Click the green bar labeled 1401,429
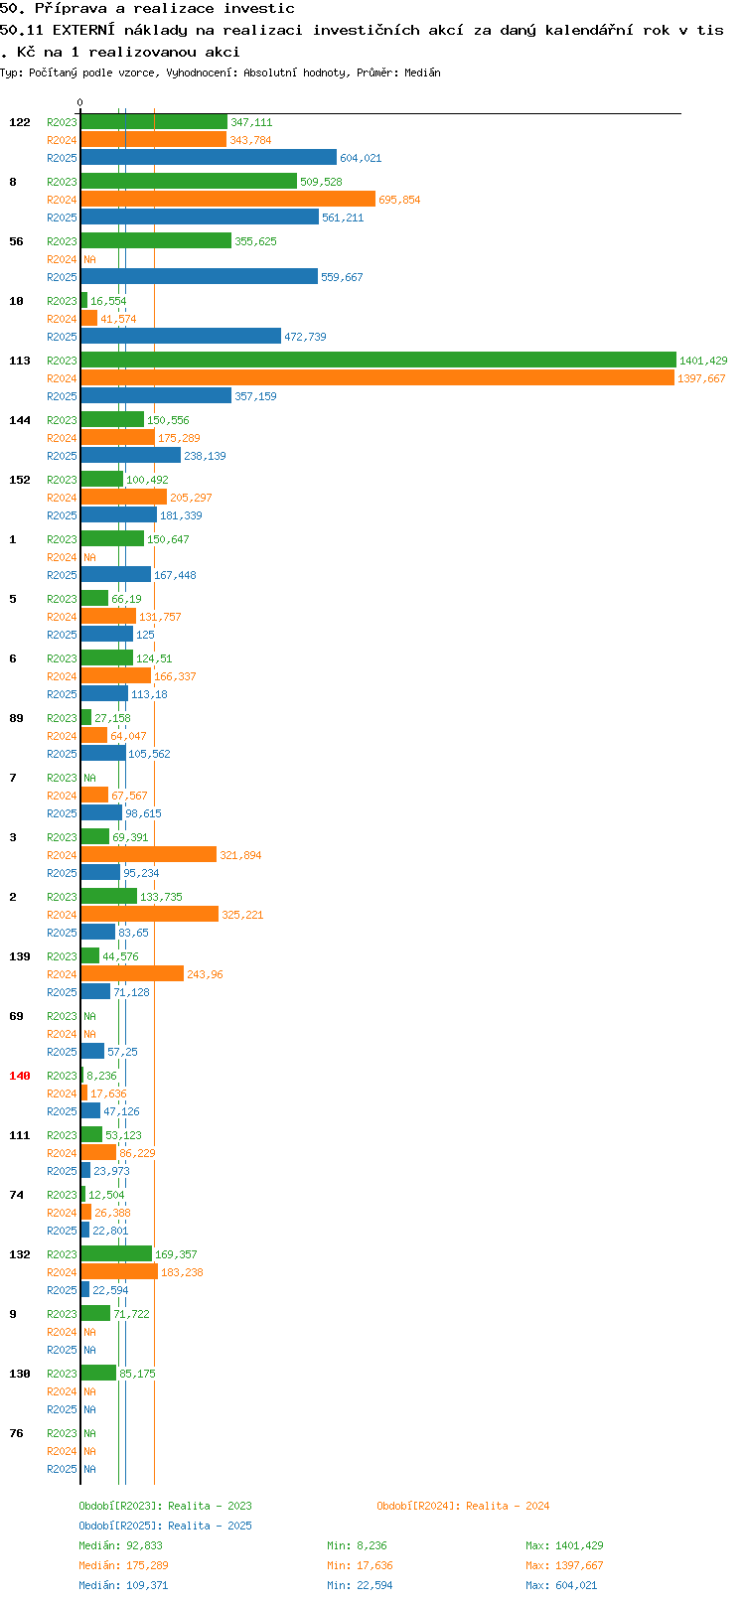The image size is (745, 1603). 378,360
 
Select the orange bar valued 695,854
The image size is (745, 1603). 228,199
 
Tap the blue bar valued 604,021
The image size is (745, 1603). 209,158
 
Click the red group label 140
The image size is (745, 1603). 19,1076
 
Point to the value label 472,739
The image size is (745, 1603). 305,337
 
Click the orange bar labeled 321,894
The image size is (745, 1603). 148,854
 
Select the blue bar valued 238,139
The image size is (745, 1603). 130,455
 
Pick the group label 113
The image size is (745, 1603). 19,360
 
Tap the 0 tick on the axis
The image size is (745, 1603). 79,102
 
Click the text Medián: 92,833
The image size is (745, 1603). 120,1545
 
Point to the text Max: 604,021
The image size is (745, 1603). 561,1585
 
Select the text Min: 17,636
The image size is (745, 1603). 360,1566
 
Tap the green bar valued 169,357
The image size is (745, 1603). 116,1253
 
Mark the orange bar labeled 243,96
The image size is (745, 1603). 132,973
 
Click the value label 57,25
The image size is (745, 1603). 122,1051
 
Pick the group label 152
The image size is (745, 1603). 19,480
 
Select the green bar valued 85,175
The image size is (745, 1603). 98,1373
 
